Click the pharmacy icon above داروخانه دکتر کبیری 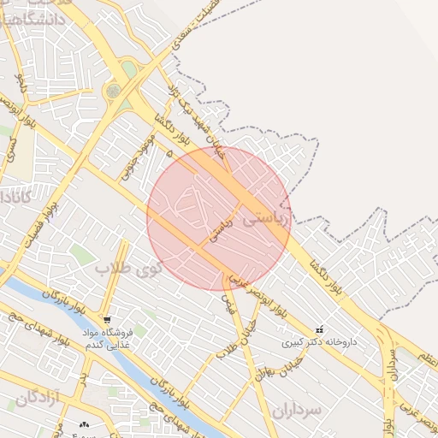click(320, 329)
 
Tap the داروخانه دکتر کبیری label click(320, 342)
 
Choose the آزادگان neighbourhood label click(38, 397)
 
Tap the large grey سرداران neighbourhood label click(298, 410)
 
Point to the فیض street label click(228, 302)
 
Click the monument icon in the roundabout click(114, 90)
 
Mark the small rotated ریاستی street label click(221, 229)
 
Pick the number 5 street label click(169, 152)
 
